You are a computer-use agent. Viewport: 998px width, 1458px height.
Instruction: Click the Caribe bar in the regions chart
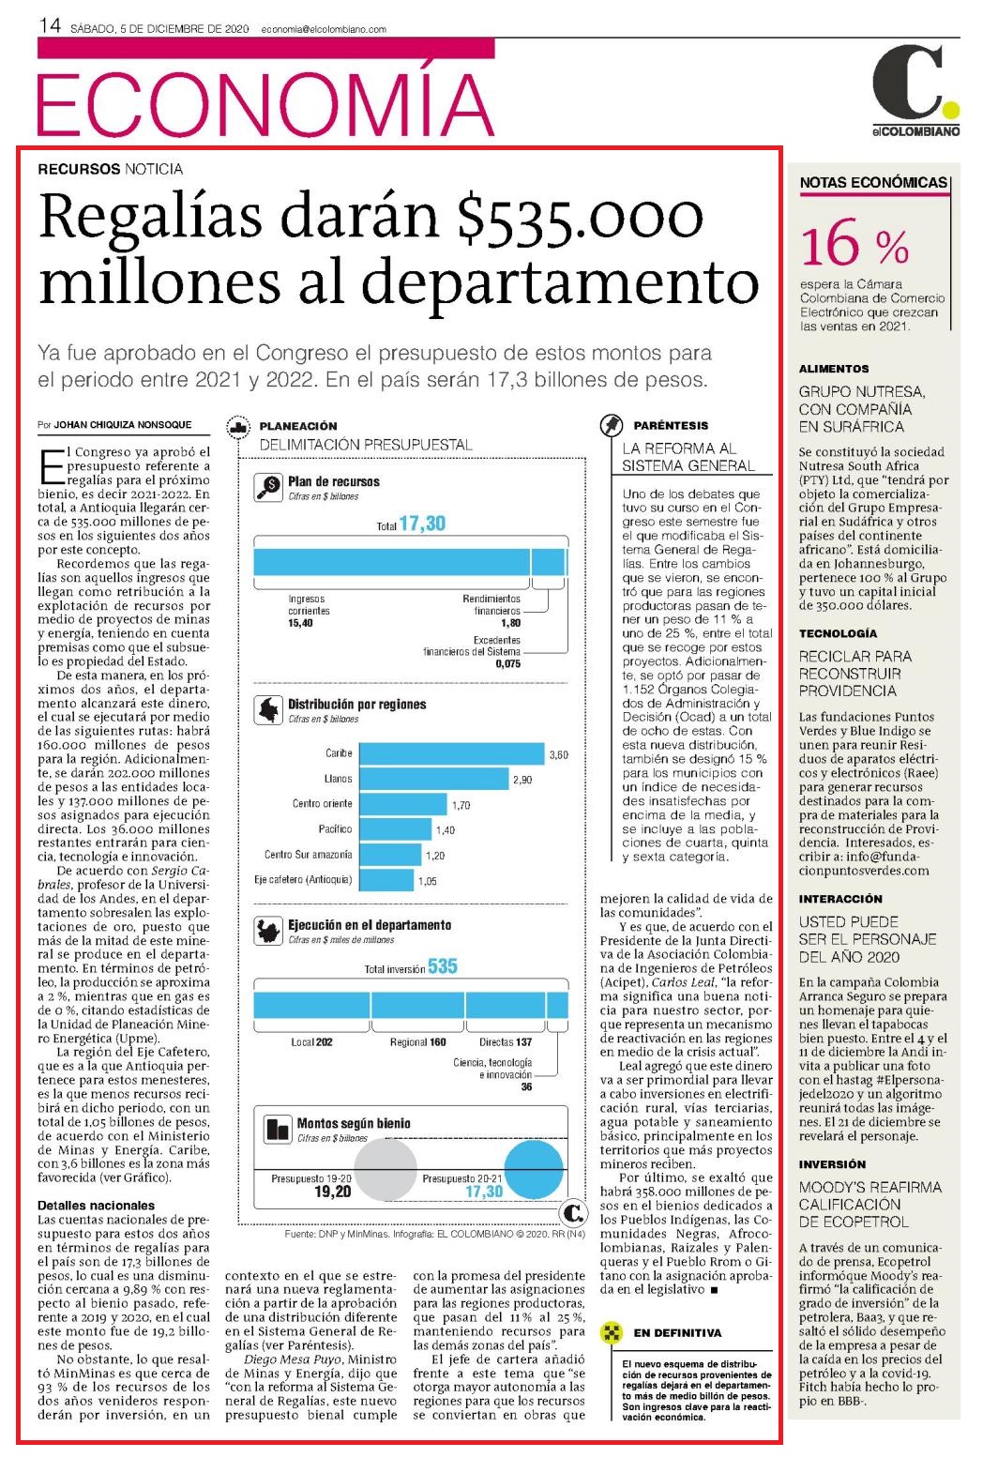coord(451,753)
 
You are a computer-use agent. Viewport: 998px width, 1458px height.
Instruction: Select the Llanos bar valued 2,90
coord(434,779)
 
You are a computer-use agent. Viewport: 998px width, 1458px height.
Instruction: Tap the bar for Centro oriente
coord(403,804)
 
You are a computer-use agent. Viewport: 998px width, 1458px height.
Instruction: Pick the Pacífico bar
coord(396,829)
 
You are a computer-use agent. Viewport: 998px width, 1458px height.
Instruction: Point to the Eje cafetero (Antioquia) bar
coord(386,880)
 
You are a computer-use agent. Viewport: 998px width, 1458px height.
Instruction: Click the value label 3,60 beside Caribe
coord(559,755)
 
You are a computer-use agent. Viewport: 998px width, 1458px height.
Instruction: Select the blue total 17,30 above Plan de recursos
coord(422,524)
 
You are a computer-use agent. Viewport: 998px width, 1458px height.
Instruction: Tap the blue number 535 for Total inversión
coord(443,966)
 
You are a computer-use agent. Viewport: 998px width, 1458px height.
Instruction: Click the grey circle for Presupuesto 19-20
coord(386,1169)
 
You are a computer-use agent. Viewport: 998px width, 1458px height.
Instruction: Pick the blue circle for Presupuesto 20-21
coord(534,1169)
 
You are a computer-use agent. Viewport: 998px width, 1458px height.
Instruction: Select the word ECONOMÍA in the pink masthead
coord(265,104)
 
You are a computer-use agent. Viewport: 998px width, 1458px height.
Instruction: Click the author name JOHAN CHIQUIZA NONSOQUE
coord(122,424)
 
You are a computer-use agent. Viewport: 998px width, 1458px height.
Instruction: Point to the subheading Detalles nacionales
coord(97,1205)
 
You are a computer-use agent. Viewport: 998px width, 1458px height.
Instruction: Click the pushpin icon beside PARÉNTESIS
coord(611,425)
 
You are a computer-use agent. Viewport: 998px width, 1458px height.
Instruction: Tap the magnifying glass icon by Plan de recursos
coord(268,487)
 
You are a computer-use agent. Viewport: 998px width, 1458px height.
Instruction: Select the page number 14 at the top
coord(50,26)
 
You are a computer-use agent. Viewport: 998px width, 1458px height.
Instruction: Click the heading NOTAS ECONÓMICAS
coord(873,183)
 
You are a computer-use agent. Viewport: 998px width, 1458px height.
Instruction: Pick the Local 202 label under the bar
coord(311,1042)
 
